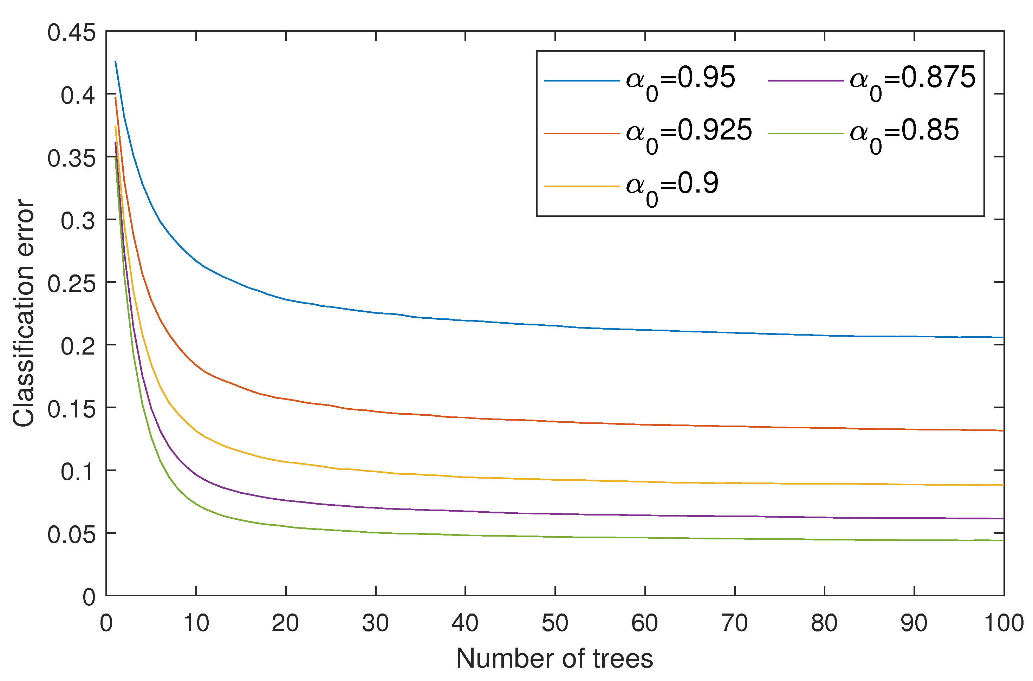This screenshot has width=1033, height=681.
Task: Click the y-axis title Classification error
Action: coord(24,313)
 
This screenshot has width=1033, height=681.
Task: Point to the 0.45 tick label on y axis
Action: coord(71,33)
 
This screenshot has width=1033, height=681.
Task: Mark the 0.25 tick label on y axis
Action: coord(71,284)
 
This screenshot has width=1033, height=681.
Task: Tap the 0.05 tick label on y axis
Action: coord(71,534)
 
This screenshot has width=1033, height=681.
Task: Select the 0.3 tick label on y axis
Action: coord(78,221)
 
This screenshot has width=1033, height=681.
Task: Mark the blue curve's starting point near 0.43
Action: coord(116,62)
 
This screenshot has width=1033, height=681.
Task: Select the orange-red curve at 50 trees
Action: coord(555,421)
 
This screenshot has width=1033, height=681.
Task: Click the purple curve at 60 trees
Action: coord(645,515)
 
